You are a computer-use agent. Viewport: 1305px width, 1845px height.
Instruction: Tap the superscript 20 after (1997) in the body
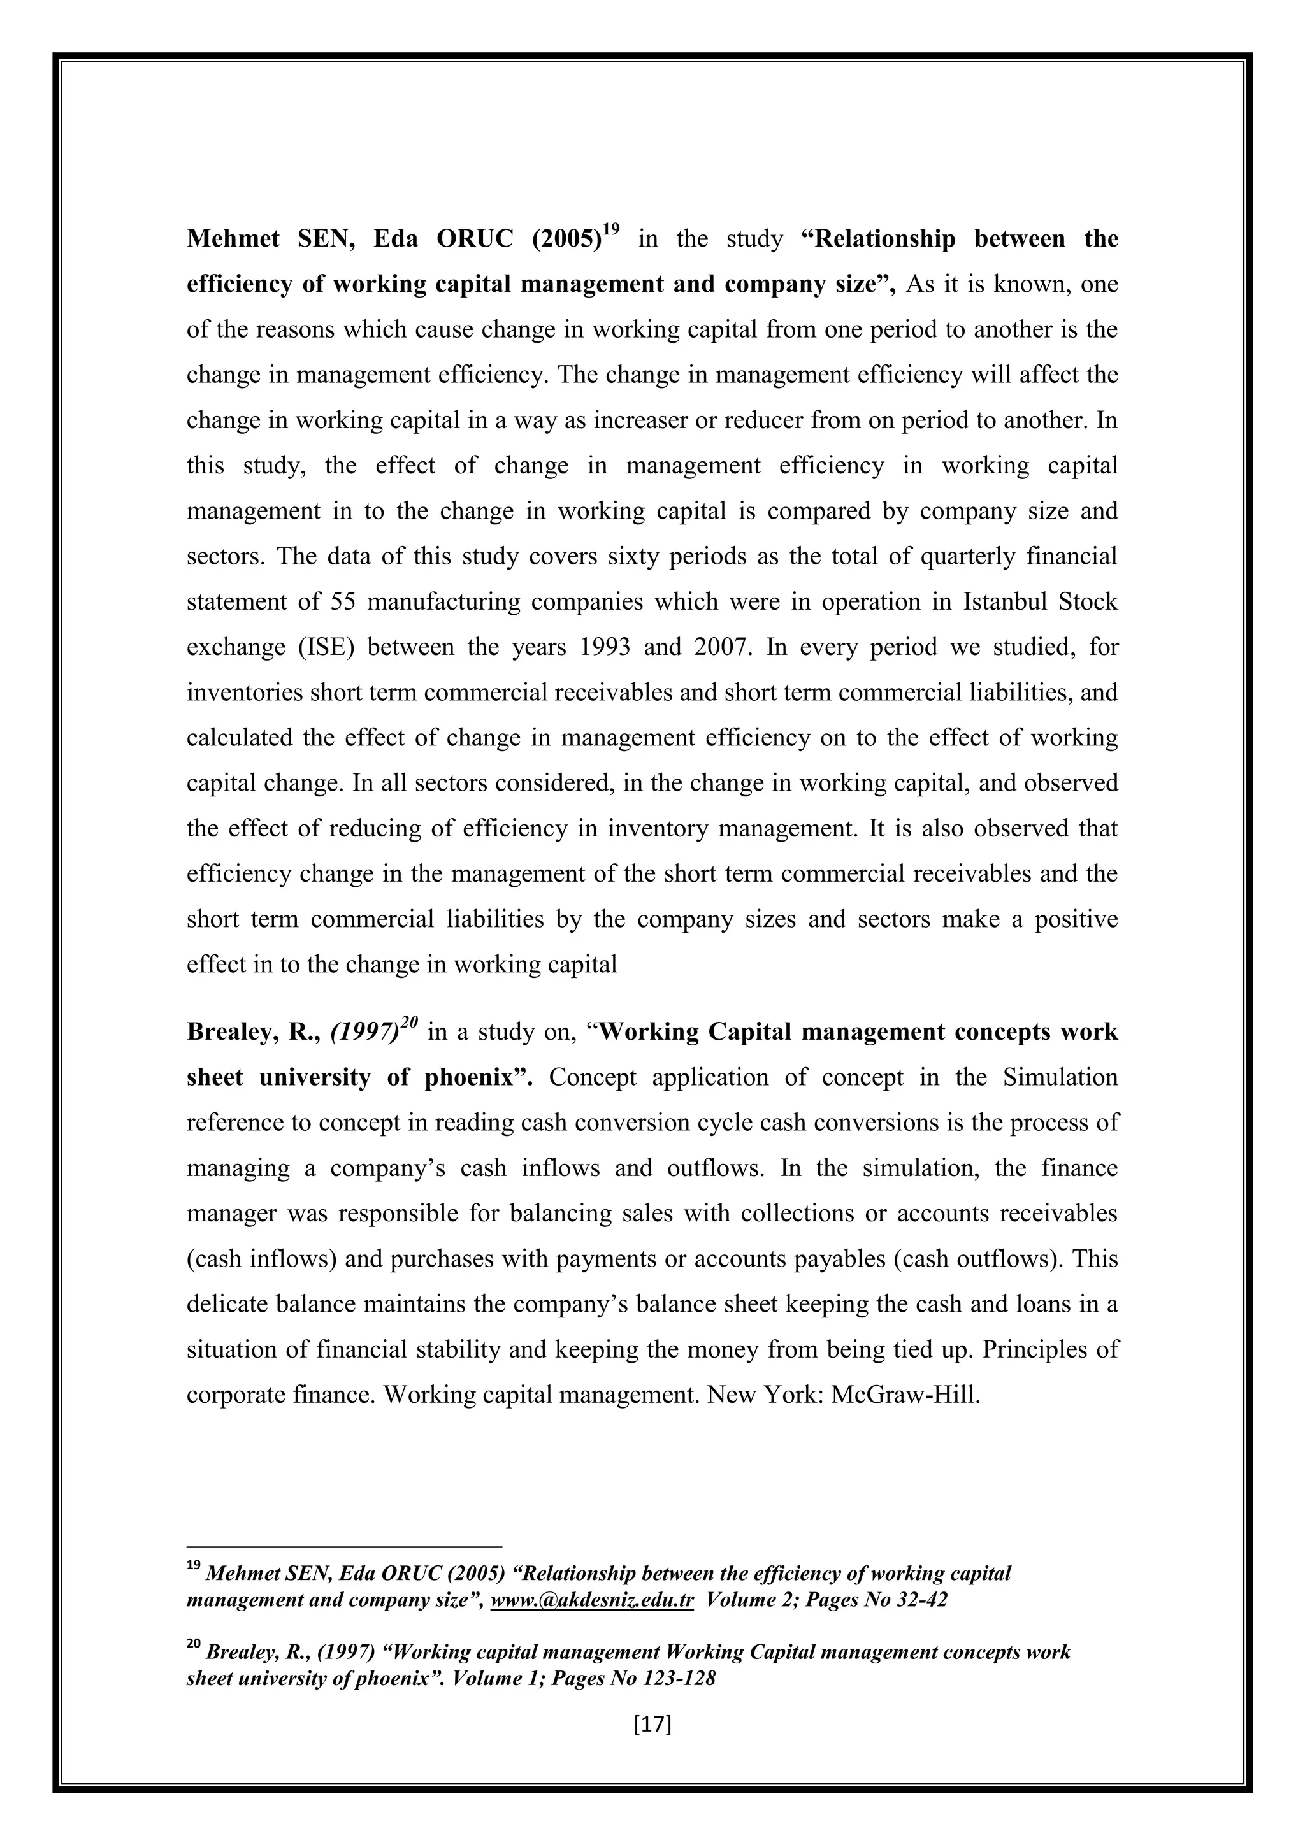(x=410, y=1023)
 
